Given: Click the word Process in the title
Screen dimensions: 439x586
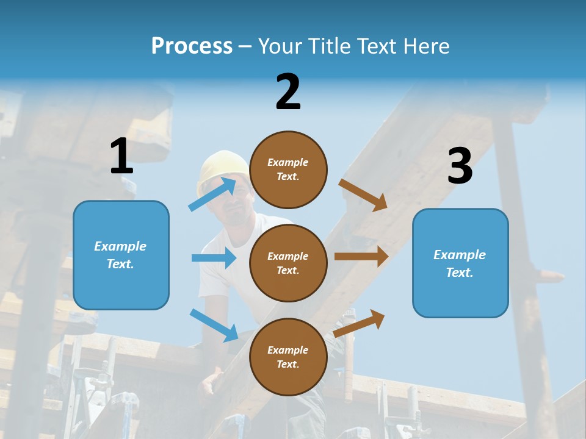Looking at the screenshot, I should [192, 46].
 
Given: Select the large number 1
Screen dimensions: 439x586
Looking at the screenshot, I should [121, 157].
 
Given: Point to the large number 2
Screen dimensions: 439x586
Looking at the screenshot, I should [288, 92].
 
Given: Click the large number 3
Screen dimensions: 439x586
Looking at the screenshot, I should [460, 166].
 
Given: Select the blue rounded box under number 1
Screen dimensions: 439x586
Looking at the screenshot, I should [121, 255].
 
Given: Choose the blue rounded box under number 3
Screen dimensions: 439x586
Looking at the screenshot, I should [460, 263].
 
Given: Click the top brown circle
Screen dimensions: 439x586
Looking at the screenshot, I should [288, 170].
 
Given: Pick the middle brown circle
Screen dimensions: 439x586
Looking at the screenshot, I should [288, 263].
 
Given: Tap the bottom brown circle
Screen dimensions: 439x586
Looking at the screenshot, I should [288, 357].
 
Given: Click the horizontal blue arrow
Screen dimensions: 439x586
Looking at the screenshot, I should [214, 258].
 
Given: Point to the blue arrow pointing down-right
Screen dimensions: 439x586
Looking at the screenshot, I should [214, 325].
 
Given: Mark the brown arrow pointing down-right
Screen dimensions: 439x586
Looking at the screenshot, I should [363, 195].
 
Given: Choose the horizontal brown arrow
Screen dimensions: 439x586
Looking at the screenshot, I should [361, 256].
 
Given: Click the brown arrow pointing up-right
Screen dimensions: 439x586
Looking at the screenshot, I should [360, 323].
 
